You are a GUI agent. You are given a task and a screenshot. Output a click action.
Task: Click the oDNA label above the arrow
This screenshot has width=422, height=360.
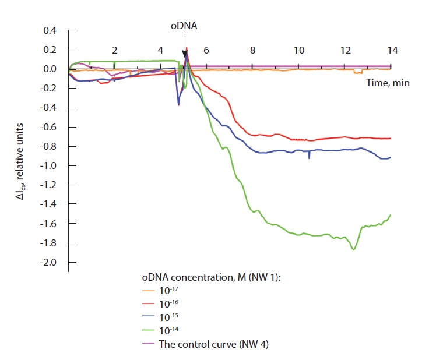[x=184, y=26]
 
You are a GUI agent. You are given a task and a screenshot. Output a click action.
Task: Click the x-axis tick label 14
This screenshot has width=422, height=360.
[x=392, y=50]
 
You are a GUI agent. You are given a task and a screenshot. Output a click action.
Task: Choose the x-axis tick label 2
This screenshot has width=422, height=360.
[x=115, y=50]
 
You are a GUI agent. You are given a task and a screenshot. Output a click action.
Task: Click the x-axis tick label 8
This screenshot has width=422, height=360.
[x=253, y=50]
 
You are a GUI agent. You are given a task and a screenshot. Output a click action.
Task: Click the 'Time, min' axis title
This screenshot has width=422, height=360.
[x=388, y=83]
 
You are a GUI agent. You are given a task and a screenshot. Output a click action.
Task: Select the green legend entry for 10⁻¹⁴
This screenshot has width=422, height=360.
[x=170, y=331]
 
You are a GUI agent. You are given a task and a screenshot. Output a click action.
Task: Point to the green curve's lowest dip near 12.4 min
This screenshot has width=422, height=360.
[x=353, y=249]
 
